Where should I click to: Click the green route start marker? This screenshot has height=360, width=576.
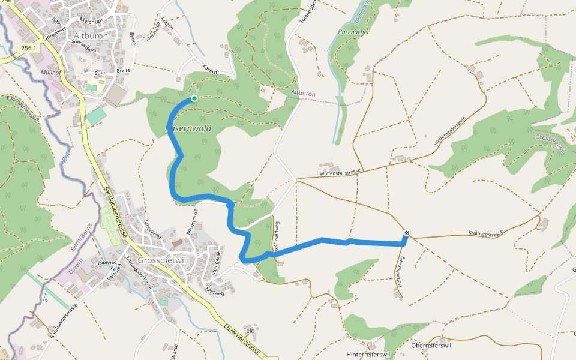tap(194, 98)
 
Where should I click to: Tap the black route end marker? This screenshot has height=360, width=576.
tap(407, 233)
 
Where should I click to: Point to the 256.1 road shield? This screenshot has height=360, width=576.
tap(28, 48)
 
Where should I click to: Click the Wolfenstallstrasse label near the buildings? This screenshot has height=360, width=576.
tap(340, 172)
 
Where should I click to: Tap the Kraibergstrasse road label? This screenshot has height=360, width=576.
tap(485, 232)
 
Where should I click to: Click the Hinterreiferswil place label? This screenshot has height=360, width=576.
tap(369, 355)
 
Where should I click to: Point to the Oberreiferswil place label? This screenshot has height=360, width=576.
tap(430, 346)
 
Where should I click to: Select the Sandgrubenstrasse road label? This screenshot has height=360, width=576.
tap(115, 211)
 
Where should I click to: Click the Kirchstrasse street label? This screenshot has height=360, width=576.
tap(194, 221)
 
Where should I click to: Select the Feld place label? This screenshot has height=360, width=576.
tap(249, 331)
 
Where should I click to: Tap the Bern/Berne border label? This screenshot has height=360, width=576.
tap(82, 238)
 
